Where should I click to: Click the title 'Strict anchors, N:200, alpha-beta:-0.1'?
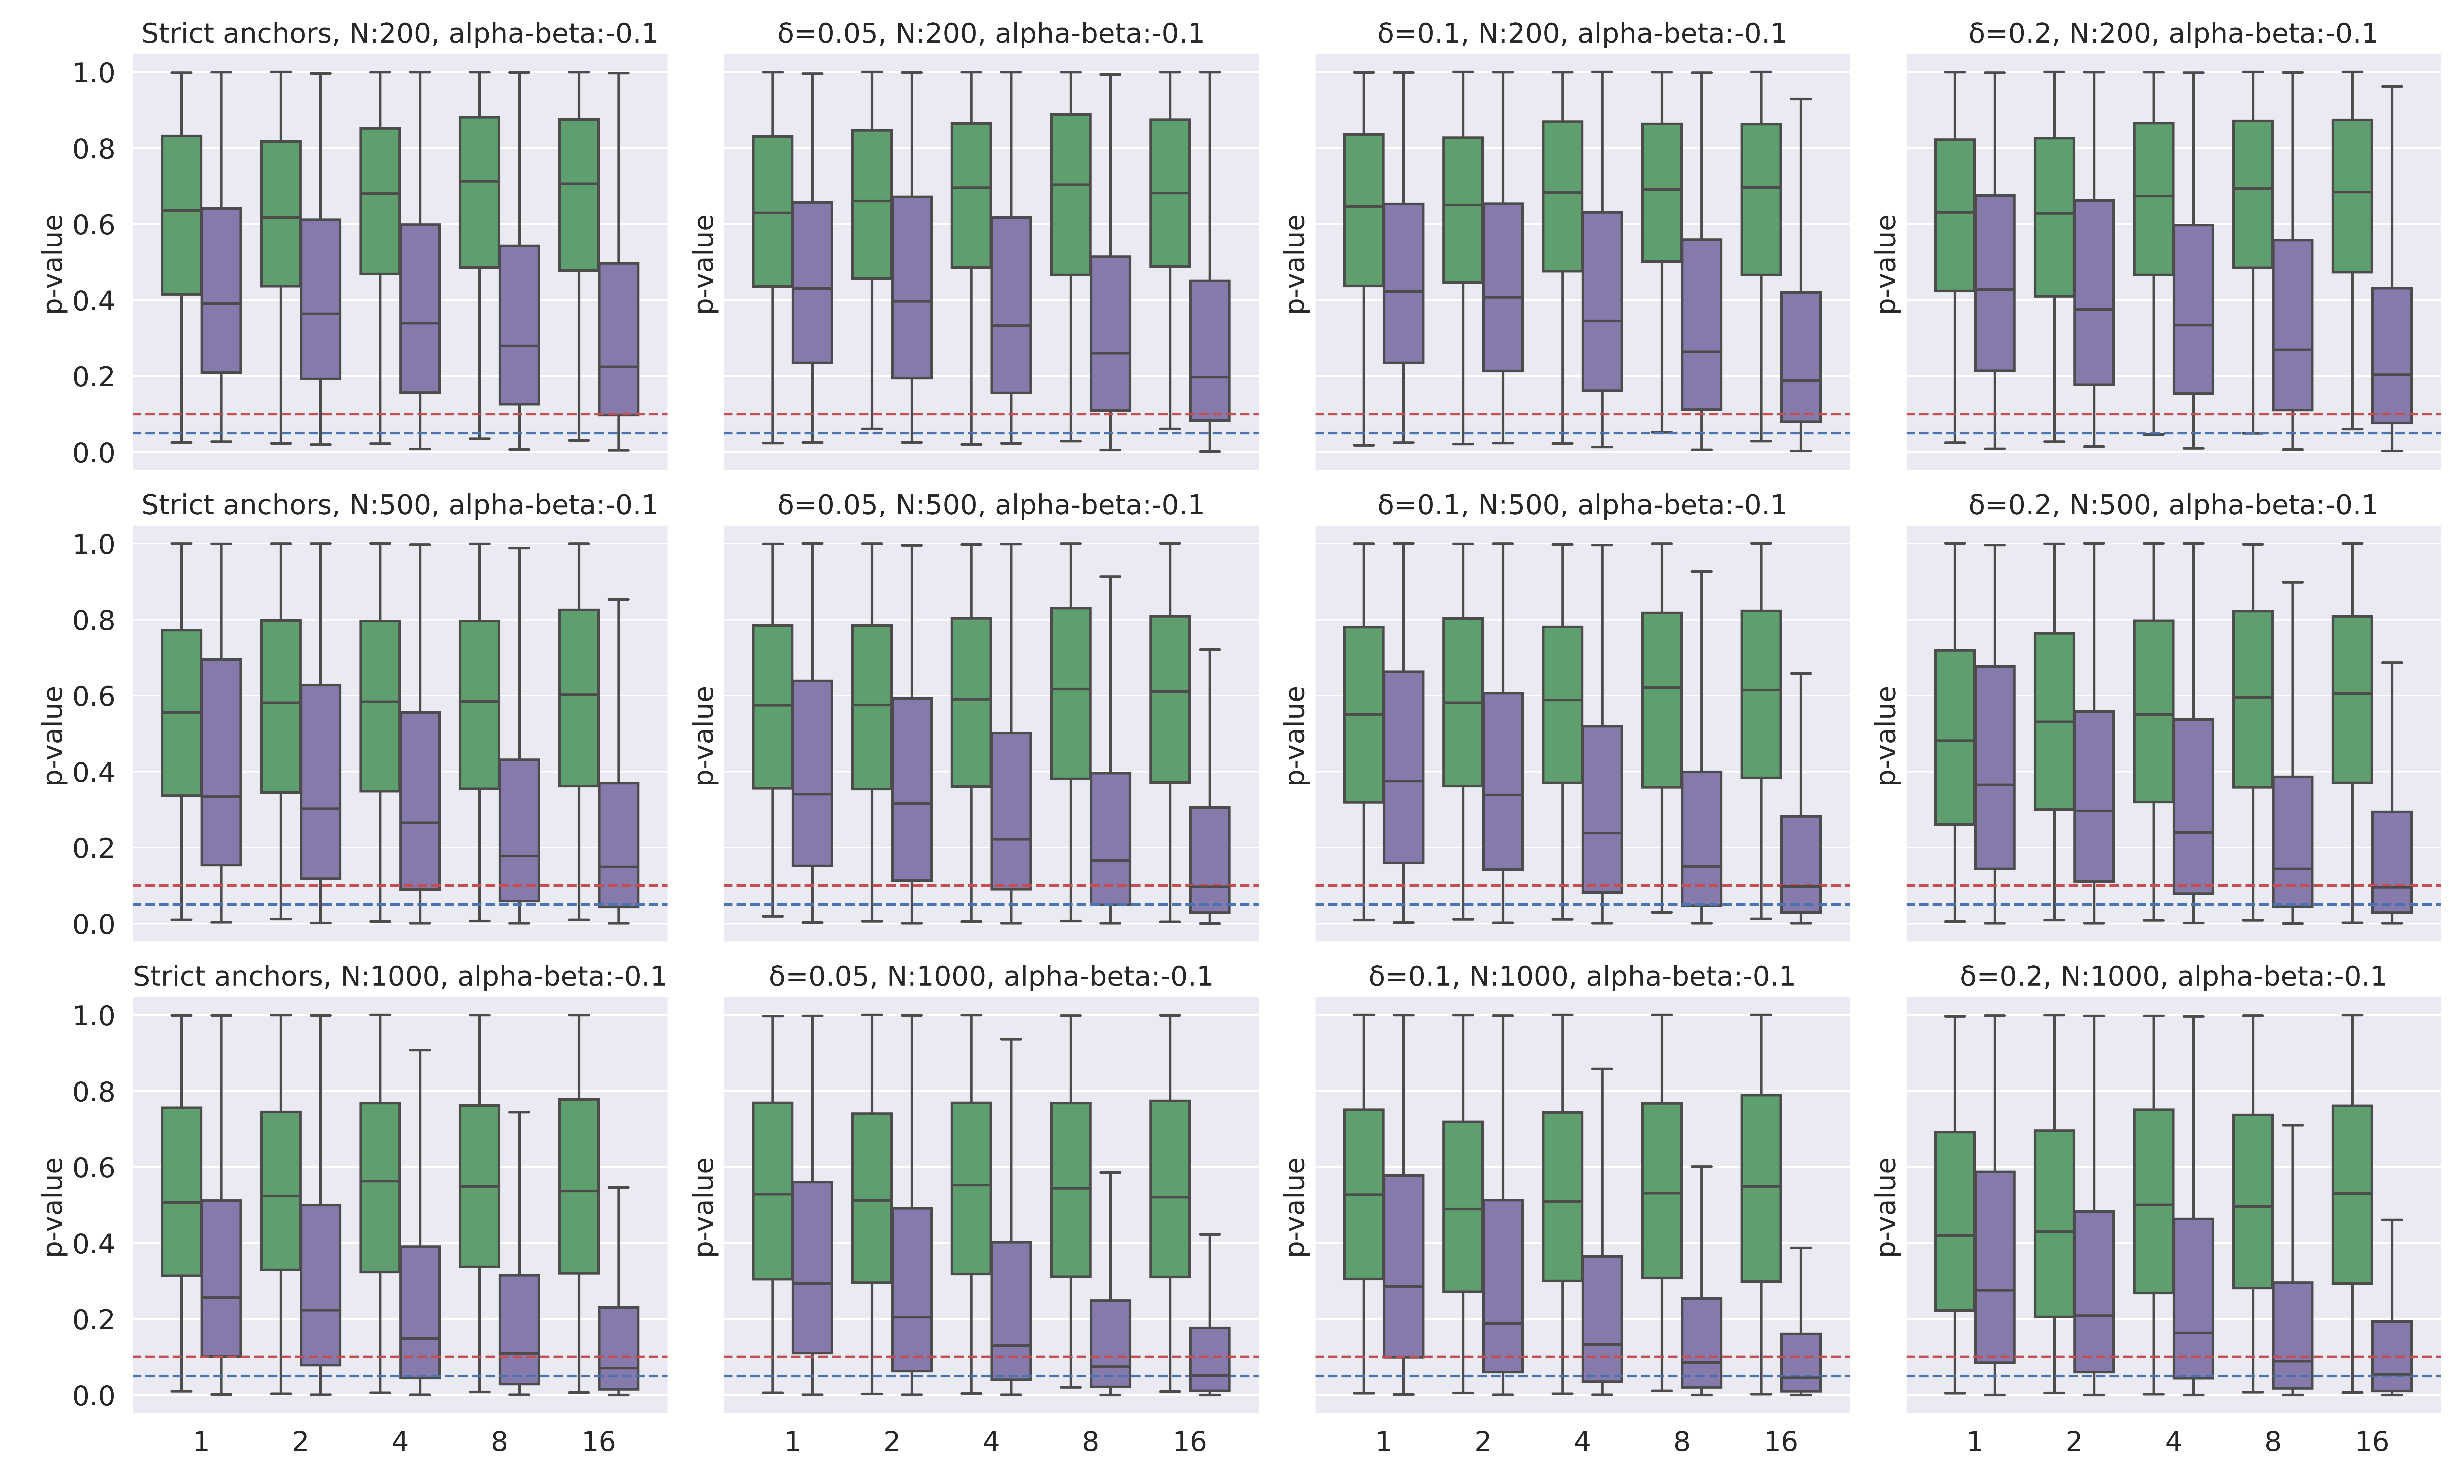pos(399,34)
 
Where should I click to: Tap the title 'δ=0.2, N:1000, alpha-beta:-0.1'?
pos(2173,977)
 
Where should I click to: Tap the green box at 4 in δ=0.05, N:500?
pos(971,702)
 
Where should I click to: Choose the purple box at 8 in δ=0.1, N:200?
pos(1701,324)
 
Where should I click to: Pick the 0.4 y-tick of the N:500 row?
pos(95,772)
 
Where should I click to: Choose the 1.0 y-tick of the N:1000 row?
pos(95,1016)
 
